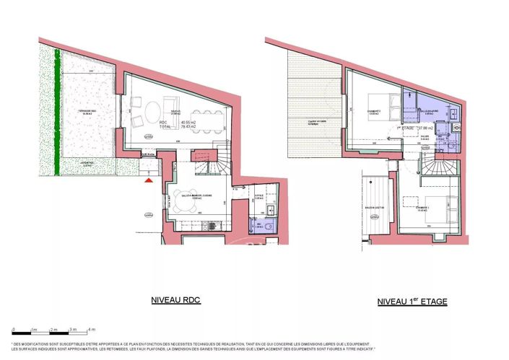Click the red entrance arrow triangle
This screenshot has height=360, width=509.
149,181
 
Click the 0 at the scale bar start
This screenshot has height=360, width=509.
14,329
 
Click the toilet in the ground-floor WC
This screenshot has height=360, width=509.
265,227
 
